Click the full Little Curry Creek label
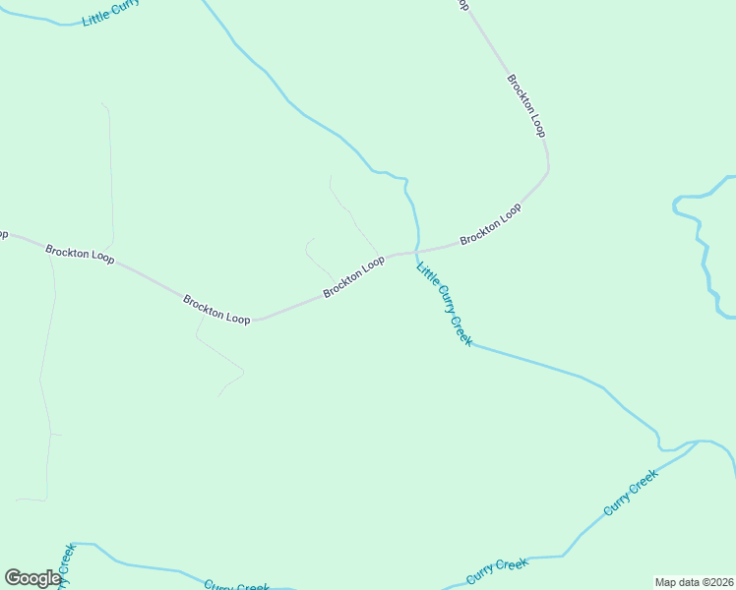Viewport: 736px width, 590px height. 445,304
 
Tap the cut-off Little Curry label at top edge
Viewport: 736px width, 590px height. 110,13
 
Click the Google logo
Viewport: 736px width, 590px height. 32,578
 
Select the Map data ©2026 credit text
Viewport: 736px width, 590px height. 694,582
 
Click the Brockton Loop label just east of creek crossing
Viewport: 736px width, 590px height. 490,225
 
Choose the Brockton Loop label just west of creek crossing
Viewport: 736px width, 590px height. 353,276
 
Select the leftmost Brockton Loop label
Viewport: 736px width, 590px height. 80,253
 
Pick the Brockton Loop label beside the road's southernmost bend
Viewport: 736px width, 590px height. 216,308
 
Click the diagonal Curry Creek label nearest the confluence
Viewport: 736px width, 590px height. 630,494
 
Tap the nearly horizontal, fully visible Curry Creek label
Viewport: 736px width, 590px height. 497,569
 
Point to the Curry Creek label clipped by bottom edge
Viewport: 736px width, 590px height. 236,586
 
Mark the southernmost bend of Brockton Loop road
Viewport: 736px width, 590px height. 254,321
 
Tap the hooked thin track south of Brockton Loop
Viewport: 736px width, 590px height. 221,364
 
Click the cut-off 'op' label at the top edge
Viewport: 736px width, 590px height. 463,5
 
